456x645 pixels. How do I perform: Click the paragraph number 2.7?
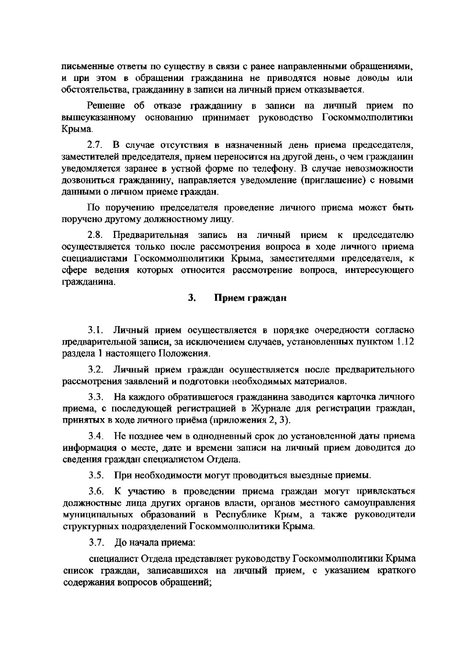[95, 145]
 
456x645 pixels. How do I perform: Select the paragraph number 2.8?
[95, 235]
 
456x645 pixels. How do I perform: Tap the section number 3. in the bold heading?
[192, 298]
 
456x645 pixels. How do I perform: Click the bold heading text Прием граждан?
[250, 298]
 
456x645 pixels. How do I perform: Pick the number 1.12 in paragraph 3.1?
[404, 342]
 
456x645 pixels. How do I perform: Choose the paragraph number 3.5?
[96, 475]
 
